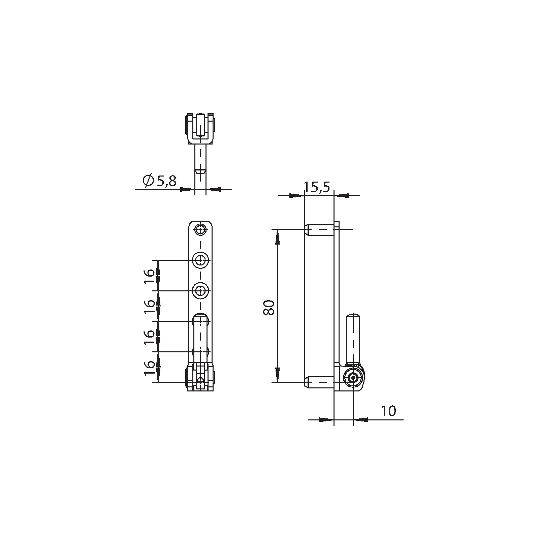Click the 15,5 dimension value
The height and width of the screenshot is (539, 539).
(317, 187)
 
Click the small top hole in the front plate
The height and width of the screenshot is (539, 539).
(200, 230)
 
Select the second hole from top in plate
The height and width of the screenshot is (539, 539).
(200, 260)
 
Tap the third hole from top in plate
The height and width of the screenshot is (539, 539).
(200, 290)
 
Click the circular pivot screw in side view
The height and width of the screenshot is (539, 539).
(353, 378)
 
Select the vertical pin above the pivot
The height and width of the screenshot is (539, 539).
(353, 339)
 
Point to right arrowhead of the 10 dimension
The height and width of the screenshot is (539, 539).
(360, 420)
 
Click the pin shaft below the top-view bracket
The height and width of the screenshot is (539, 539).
(200, 160)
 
